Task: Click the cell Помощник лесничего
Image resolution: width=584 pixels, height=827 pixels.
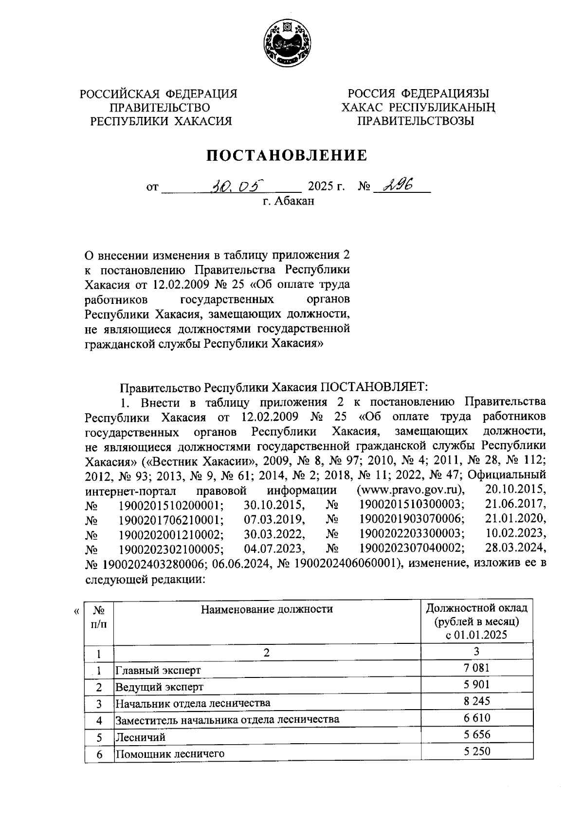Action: click(x=170, y=753)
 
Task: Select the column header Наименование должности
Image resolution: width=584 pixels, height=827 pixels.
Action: click(x=267, y=609)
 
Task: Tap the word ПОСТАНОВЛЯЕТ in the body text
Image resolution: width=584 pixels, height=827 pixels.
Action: click(x=373, y=387)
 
